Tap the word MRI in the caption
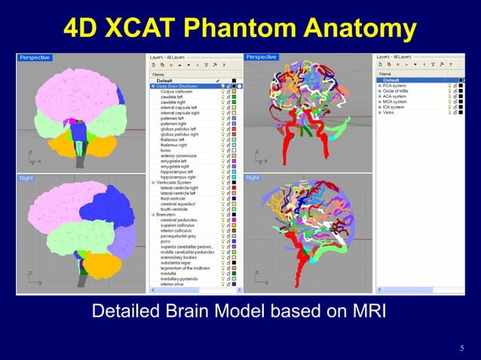point(361,310)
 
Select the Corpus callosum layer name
point(178,91)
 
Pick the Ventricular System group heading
point(178,182)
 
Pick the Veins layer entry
point(391,112)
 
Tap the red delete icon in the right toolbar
point(401,66)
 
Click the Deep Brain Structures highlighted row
point(182,86)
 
